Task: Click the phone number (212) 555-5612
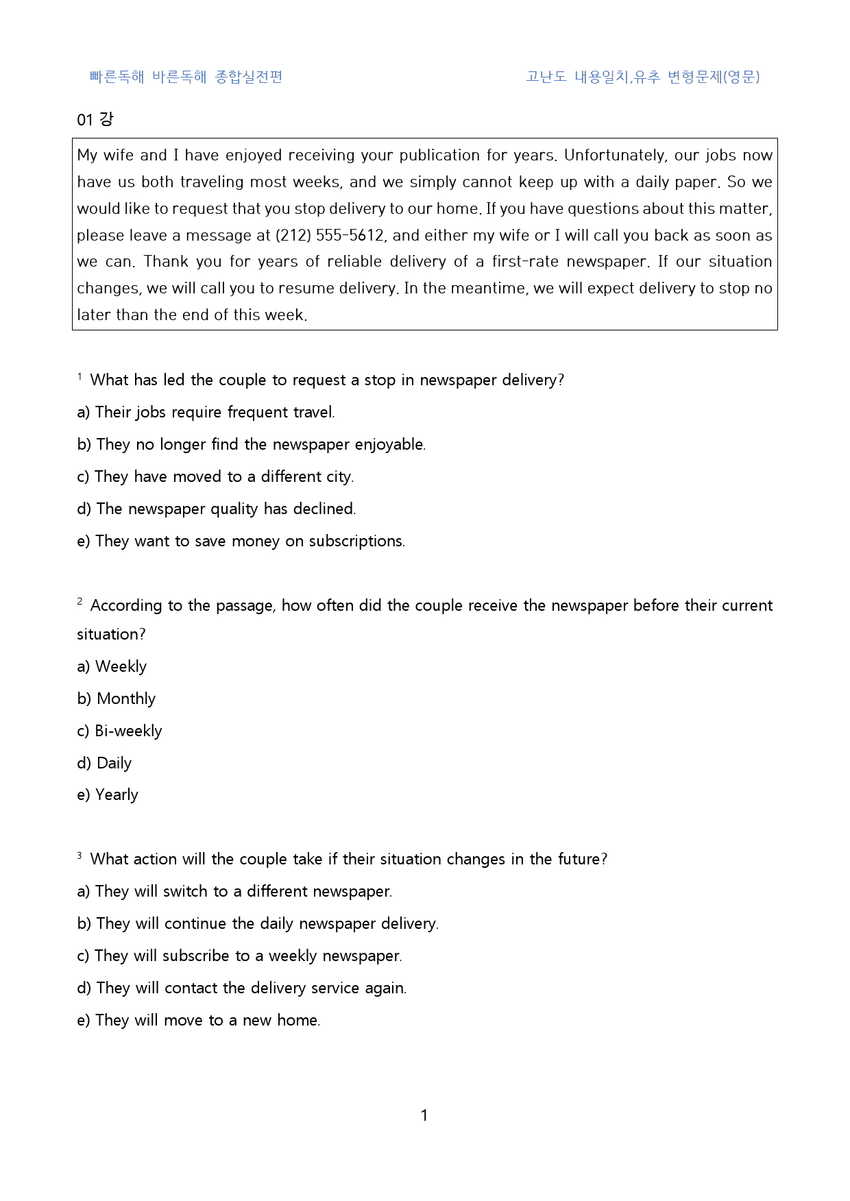click(331, 235)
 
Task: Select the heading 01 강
click(95, 119)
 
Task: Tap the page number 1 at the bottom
click(424, 1115)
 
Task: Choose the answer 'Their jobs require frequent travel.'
click(206, 412)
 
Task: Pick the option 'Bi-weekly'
click(119, 731)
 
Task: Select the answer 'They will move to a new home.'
click(198, 1020)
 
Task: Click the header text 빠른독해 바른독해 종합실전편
click(186, 77)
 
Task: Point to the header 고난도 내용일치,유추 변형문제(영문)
click(642, 77)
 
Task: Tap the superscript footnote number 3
click(80, 855)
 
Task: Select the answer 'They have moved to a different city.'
click(215, 476)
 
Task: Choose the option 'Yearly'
click(108, 794)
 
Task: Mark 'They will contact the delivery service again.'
click(241, 988)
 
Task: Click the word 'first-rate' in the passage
click(524, 261)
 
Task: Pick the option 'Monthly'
click(117, 699)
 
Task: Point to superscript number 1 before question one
click(80, 376)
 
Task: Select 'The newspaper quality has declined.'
click(217, 509)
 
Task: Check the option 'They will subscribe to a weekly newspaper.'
click(239, 956)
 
